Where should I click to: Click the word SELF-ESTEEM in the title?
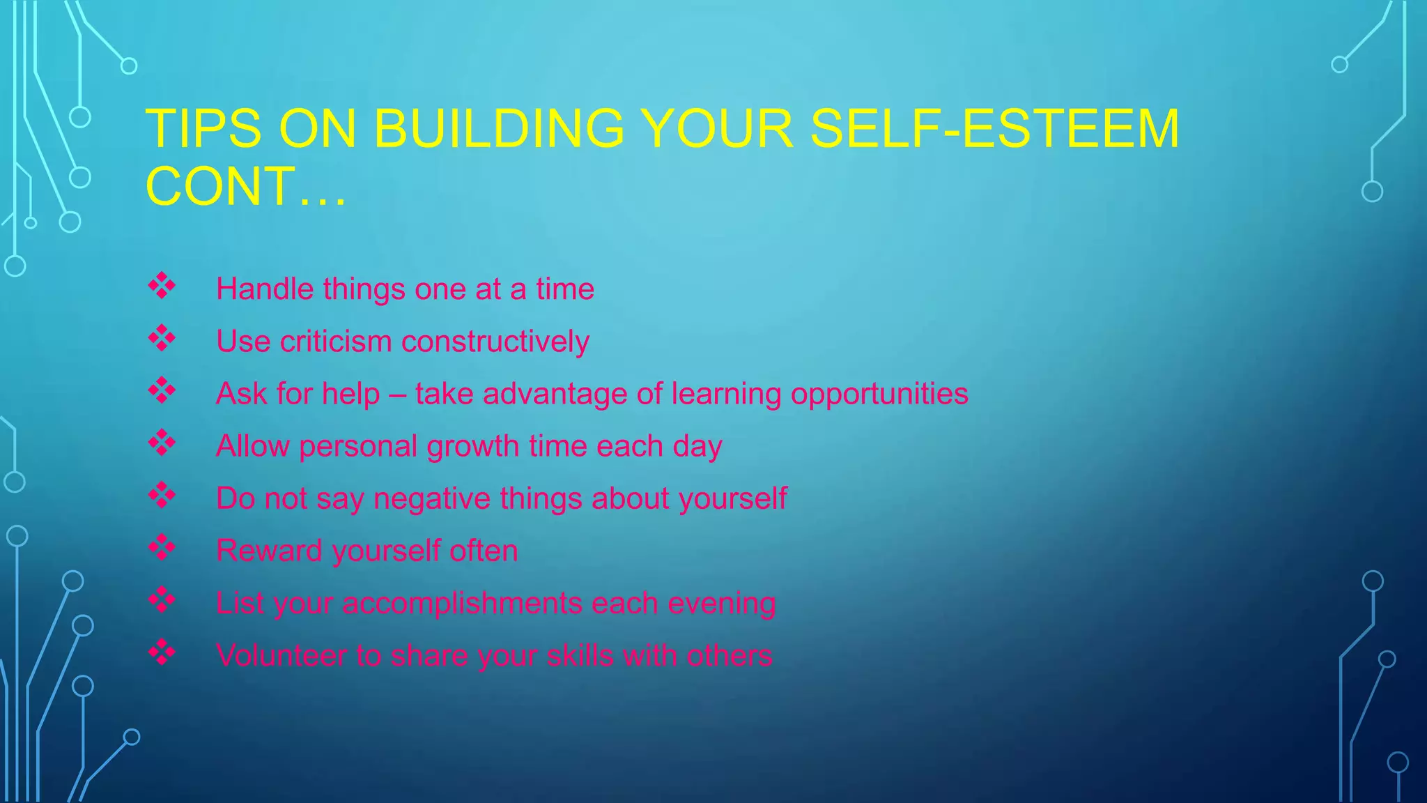[994, 129]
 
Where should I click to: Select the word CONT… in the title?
[245, 187]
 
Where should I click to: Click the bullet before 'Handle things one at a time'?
[162, 286]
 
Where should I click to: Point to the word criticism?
[336, 342]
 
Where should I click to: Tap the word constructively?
[495, 342]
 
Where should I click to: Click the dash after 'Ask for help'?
[397, 395]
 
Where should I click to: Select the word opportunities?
[879, 394]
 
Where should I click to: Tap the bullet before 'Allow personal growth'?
[162, 443]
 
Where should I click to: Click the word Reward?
[270, 551]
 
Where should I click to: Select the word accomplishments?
[462, 604]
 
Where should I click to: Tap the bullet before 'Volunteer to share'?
[162, 652]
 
